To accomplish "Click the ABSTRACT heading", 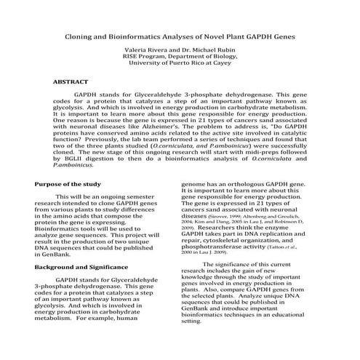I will coord(71,82).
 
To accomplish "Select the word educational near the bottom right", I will coord(301,332).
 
